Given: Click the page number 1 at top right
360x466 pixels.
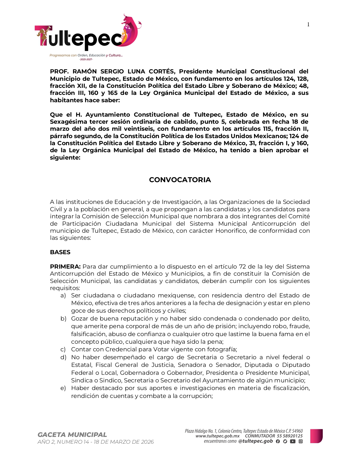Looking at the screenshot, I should coord(308,25).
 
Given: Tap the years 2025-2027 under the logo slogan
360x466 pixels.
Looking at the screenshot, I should coord(86,60).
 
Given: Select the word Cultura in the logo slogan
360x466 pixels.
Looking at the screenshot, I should coord(115,55).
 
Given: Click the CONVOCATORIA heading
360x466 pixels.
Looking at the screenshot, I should coord(180,180).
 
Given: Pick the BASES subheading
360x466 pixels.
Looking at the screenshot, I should coord(60,252).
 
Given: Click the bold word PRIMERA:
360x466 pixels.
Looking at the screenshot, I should coord(65,267).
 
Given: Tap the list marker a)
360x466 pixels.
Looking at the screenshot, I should coord(63,295).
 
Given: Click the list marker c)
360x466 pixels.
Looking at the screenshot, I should coord(63,349).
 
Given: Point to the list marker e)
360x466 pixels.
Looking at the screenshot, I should coord(63,388).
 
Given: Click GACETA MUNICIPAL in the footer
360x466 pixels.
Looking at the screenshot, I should coord(72,435).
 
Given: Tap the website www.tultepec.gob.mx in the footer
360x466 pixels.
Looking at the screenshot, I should coord(217,436).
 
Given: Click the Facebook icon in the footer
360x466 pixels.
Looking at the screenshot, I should coord(278,441).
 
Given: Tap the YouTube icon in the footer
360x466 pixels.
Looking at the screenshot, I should coord(293,441).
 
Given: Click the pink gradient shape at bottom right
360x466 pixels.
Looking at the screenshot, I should coord(316,436).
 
